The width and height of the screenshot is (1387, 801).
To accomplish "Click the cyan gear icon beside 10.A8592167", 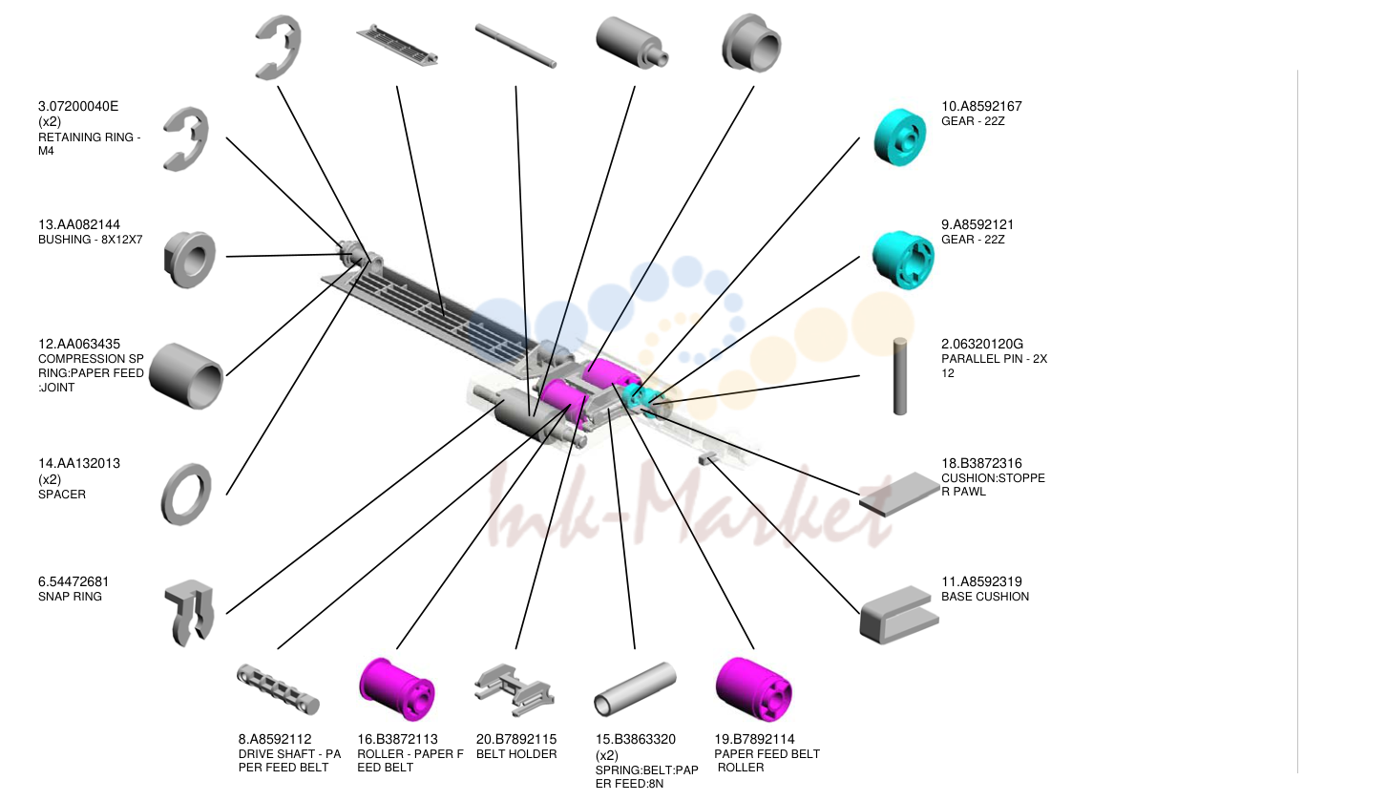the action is pos(900,137).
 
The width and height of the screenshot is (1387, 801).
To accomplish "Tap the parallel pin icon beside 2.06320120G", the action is pos(900,376).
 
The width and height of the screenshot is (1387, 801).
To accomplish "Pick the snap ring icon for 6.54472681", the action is pos(189,613).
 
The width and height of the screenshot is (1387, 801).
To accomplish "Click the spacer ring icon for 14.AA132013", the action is pos(168,495).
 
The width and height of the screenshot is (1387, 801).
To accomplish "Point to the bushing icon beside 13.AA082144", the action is pos(189,260).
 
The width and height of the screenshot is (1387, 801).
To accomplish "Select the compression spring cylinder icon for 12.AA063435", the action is pos(186,376).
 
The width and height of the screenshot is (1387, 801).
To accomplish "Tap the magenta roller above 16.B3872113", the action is pos(396,689).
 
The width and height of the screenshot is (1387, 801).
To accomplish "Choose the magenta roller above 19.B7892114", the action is pos(753,689).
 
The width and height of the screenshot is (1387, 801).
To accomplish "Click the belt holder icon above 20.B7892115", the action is pos(514,690).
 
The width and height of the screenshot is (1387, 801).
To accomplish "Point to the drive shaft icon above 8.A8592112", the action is pos(278,689).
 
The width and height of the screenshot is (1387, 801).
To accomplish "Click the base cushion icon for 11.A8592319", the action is pos(898,615).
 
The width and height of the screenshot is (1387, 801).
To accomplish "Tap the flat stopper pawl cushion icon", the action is pos(899,494).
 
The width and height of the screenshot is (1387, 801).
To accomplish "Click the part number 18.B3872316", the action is pos(981,463).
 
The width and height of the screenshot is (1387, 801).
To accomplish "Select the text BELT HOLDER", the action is pos(516,754).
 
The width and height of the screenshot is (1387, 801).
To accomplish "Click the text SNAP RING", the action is pos(70,597).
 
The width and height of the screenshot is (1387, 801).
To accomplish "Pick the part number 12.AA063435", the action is pos(79,344).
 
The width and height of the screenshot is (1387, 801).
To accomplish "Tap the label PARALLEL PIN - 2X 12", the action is pos(995,366).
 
